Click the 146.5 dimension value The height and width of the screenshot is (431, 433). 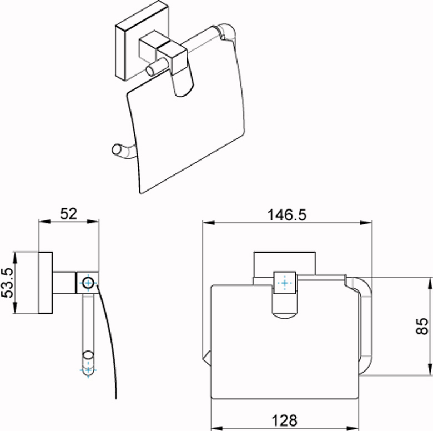[x=286, y=214]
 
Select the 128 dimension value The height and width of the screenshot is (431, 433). [x=281, y=420]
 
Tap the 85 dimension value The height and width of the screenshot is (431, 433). [x=423, y=326]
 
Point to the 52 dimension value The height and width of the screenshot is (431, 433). [x=68, y=213]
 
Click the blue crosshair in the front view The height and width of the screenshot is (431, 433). [x=285, y=283]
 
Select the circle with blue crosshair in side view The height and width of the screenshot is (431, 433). [x=88, y=283]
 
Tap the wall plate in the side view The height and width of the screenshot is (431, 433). [x=46, y=283]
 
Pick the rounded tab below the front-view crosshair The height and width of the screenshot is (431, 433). [x=285, y=308]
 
